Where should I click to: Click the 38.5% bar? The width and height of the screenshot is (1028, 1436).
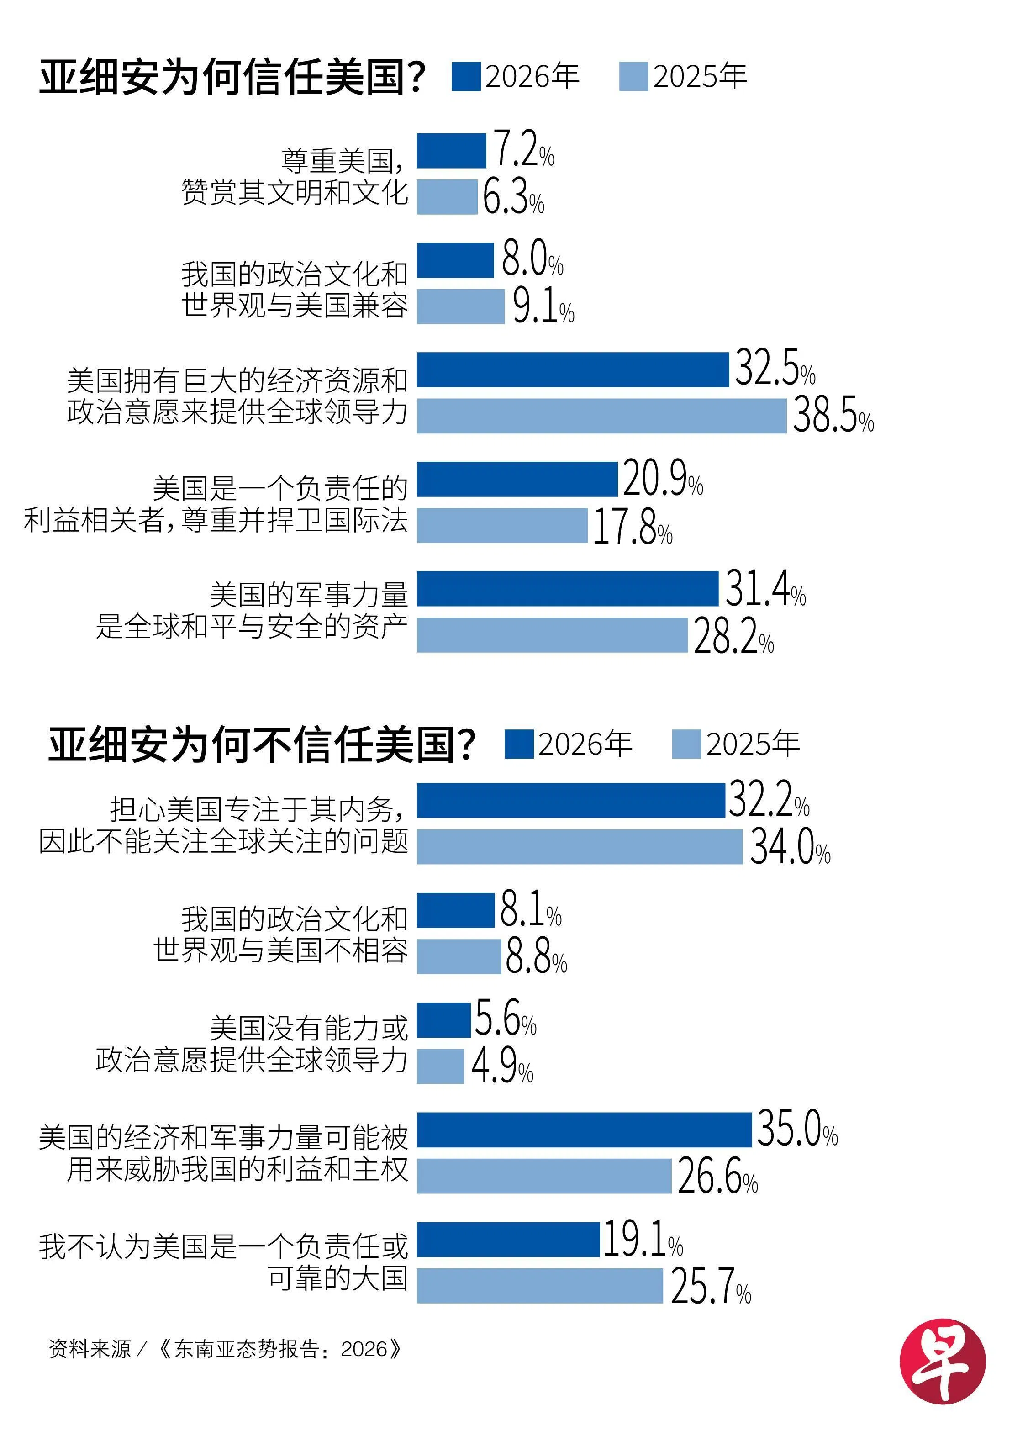[x=601, y=416]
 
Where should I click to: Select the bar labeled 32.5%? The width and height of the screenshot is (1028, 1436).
[x=573, y=370]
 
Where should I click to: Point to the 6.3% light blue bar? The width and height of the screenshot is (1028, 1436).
[x=447, y=197]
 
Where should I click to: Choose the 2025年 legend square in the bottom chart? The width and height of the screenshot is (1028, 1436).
[x=686, y=744]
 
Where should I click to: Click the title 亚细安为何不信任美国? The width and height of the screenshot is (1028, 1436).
[x=261, y=744]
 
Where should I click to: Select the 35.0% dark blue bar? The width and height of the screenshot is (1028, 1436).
[x=584, y=1130]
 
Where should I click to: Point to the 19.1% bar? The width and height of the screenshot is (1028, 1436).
[x=508, y=1240]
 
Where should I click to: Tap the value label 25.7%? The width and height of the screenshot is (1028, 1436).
[x=710, y=1287]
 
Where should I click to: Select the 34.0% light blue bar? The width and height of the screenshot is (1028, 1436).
[x=579, y=846]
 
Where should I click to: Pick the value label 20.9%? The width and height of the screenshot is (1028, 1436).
[x=663, y=479]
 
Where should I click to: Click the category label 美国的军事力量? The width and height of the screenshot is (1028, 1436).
[x=309, y=595]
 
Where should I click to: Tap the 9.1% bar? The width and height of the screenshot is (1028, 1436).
[x=460, y=306]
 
